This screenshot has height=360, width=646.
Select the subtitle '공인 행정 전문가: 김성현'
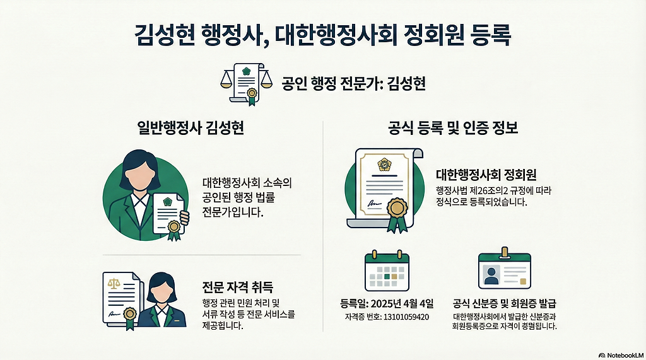click(354, 83)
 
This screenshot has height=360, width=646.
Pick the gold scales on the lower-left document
click(114, 285)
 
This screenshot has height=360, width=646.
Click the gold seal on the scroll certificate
click(397, 208)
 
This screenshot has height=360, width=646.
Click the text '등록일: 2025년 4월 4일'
click(386, 301)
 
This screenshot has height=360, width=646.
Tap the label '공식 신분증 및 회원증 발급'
click(504, 301)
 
